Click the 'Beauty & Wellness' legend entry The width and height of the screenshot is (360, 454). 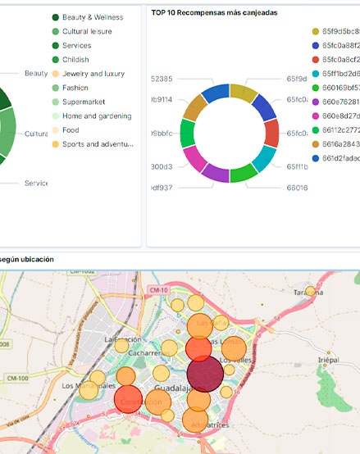coord(92,17)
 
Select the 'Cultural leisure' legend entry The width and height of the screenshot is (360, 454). coord(87,31)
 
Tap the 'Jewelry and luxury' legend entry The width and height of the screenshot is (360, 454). coord(93,74)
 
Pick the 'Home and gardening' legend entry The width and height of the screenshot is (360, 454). coord(96,116)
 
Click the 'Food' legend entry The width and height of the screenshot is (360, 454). coord(71,129)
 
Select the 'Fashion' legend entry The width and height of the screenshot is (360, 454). coord(75,88)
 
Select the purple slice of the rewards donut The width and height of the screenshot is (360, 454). coord(216,172)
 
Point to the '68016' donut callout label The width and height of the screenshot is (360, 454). coord(296,188)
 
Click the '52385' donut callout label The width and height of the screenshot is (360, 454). coord(162,79)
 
